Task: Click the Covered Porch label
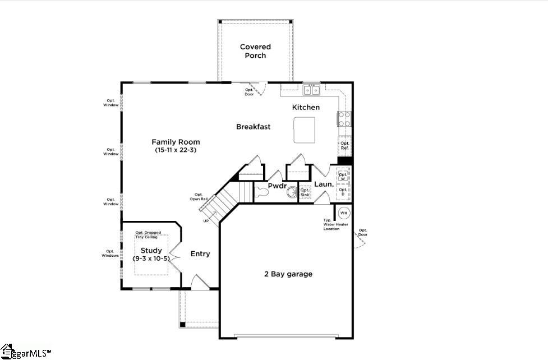255,51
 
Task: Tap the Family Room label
176,142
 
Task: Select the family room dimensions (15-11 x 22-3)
176,150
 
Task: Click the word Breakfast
253,127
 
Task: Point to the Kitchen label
306,107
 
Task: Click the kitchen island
303,130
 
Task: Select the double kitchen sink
312,90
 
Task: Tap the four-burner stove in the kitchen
344,119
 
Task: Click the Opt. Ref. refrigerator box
344,146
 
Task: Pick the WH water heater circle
343,213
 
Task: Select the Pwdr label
277,185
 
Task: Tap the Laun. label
324,184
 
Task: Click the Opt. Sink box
305,192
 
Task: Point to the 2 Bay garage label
288,274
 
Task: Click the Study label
151,251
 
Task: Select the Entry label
200,254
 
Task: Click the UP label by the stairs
206,221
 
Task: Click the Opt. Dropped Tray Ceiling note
148,235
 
